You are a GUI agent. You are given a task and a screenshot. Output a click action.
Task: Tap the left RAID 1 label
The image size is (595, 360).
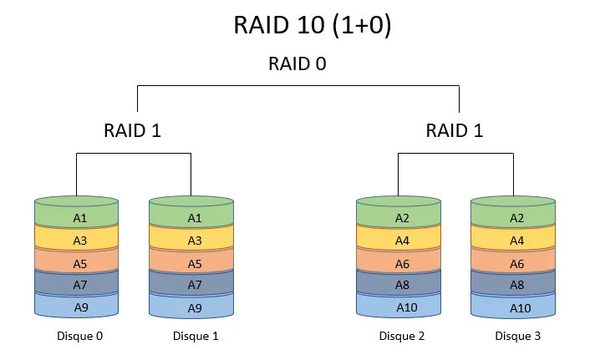pyautogui.click(x=132, y=130)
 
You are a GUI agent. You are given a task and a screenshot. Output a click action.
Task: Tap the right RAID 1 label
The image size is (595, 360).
pyautogui.click(x=454, y=130)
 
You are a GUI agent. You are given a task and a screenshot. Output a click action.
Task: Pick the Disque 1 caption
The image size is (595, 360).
pyautogui.click(x=195, y=336)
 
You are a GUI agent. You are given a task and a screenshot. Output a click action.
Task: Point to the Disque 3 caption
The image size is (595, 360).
pyautogui.click(x=517, y=336)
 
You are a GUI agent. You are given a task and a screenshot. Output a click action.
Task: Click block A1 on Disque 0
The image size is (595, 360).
pyautogui.click(x=80, y=218)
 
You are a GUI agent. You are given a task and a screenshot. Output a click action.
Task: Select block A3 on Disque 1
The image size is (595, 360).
pyautogui.click(x=195, y=241)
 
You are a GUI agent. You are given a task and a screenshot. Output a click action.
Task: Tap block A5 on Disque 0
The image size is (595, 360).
pyautogui.click(x=80, y=263)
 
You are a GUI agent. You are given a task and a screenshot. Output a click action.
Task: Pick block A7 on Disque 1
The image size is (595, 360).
pyautogui.click(x=195, y=285)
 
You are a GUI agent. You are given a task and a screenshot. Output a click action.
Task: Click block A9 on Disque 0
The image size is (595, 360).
pyautogui.click(x=80, y=307)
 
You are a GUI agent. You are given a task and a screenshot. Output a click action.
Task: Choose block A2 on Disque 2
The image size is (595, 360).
pyautogui.click(x=402, y=218)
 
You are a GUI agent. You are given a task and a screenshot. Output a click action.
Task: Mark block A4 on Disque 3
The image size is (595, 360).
pyautogui.click(x=517, y=241)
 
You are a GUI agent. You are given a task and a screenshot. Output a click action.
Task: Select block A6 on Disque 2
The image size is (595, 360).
pyautogui.click(x=402, y=263)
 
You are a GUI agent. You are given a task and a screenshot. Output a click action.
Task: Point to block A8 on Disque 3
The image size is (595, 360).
pyautogui.click(x=517, y=285)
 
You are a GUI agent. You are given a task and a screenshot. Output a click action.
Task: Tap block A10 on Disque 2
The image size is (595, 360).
pyautogui.click(x=402, y=307)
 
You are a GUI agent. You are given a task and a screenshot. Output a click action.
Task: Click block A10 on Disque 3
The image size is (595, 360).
pyautogui.click(x=517, y=307)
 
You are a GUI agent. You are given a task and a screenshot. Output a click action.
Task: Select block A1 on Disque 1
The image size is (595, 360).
pyautogui.click(x=195, y=218)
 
